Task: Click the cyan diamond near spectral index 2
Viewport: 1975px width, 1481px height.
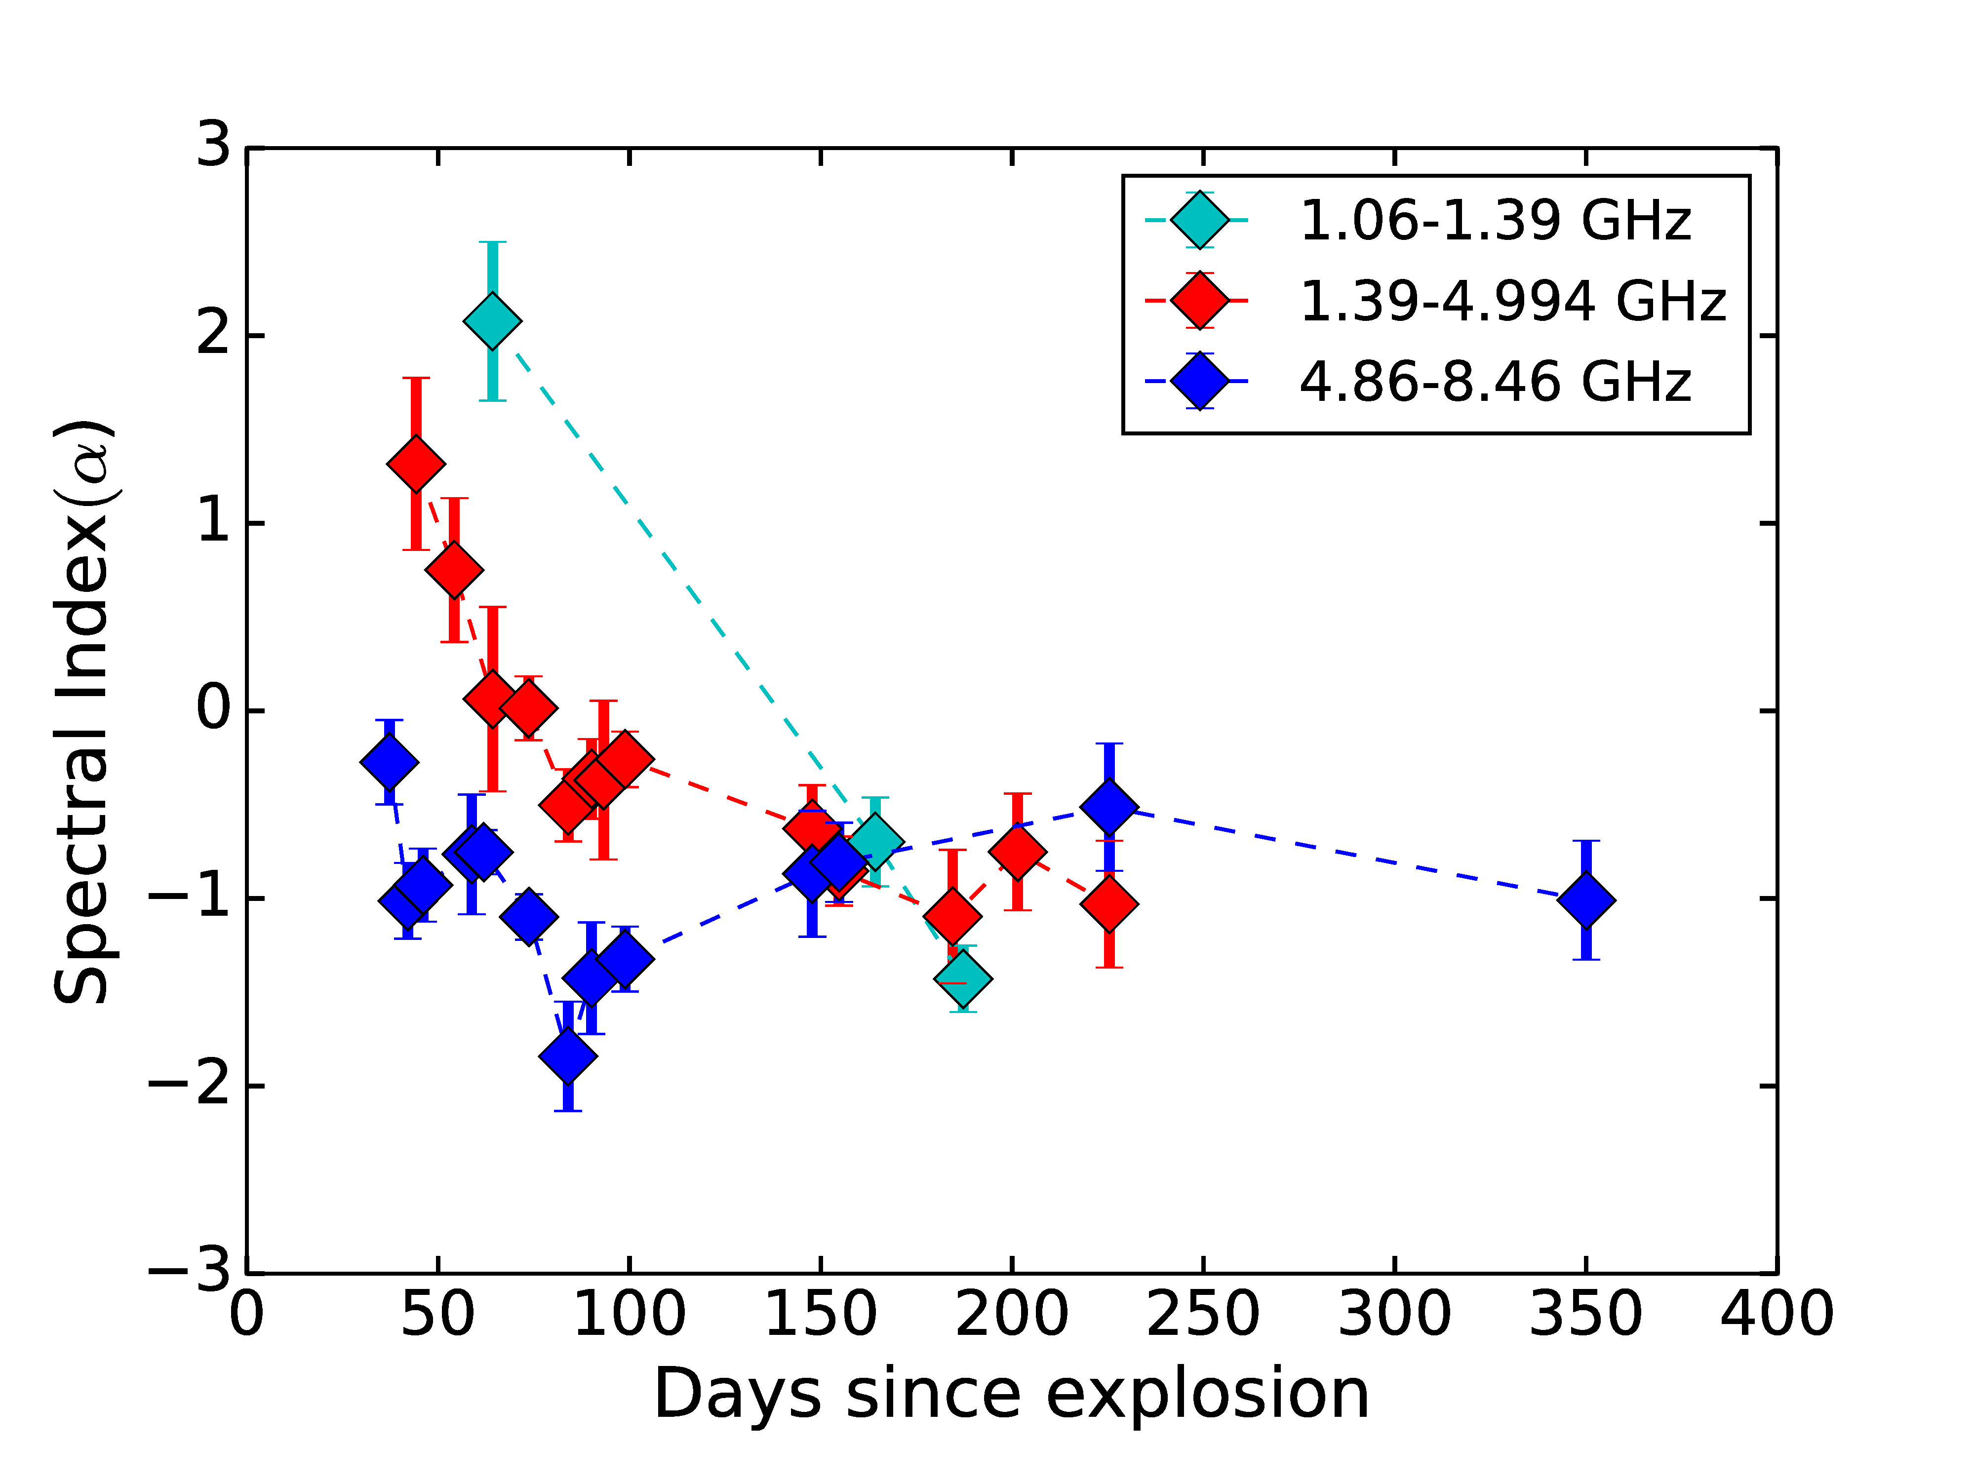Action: tap(492, 320)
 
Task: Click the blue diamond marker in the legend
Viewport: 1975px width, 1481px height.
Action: tap(1200, 381)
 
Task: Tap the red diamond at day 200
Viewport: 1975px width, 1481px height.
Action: tap(1017, 852)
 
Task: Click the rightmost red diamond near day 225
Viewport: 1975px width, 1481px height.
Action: tap(1109, 903)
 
